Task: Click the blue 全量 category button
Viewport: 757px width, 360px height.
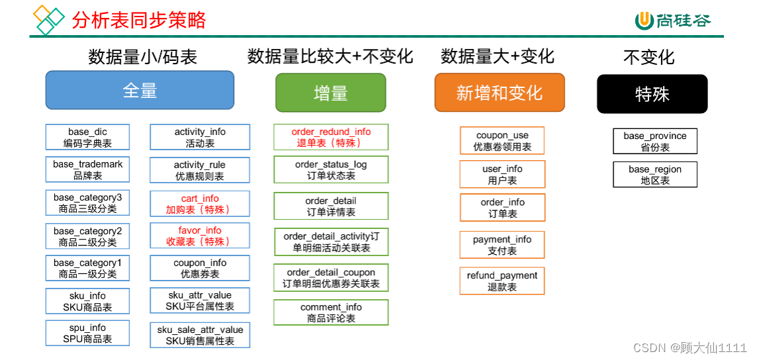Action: click(x=140, y=90)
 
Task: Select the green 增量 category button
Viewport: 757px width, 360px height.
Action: click(x=330, y=93)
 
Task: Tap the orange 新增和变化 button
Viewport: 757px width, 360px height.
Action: click(x=500, y=93)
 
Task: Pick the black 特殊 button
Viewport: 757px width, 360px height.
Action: click(x=652, y=94)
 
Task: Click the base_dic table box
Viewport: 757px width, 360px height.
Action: click(x=87, y=137)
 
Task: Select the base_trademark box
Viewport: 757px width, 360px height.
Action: click(x=87, y=169)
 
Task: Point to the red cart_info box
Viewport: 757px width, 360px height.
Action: click(x=200, y=204)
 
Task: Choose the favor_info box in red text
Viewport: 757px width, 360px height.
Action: click(x=200, y=236)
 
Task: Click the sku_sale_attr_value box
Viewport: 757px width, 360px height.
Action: click(x=200, y=335)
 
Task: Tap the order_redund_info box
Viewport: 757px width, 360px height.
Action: click(x=331, y=137)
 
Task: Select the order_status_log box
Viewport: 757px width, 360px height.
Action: click(x=331, y=169)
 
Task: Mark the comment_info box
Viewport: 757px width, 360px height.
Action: click(x=331, y=312)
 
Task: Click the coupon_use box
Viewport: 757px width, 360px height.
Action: click(x=502, y=141)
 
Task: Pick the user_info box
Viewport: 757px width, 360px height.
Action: click(x=502, y=175)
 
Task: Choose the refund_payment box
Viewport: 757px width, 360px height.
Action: click(x=502, y=281)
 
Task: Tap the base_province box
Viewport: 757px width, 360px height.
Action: click(x=655, y=141)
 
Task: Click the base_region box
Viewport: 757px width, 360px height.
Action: click(x=655, y=175)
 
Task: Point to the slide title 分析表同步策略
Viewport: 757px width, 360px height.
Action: click(x=139, y=20)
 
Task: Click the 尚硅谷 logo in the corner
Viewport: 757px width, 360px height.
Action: click(x=673, y=21)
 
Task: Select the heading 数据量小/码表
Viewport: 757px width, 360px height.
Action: click(x=143, y=57)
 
